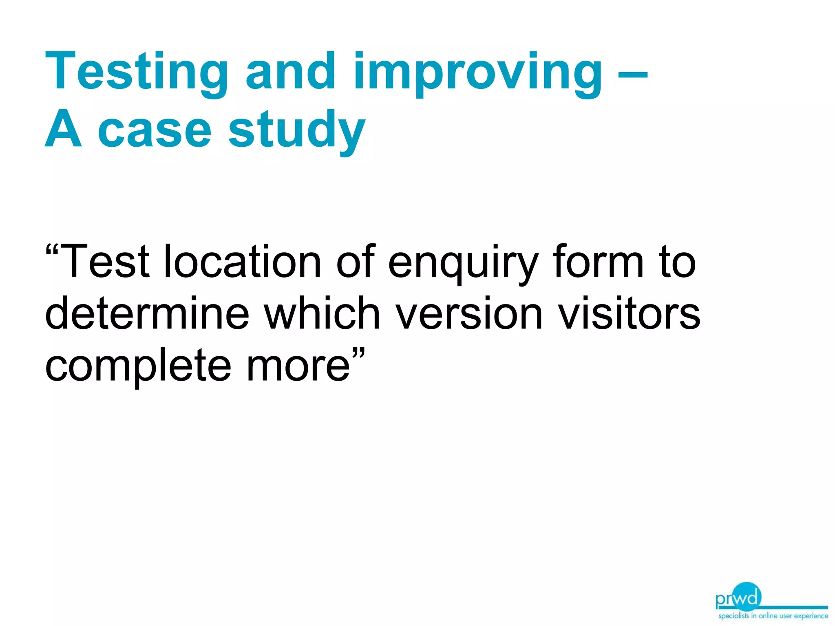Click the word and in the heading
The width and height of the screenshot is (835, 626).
[x=290, y=72]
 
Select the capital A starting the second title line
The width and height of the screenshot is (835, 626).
[x=63, y=130]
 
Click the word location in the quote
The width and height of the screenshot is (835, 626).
[x=242, y=262]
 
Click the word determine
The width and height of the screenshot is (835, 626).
[x=147, y=313]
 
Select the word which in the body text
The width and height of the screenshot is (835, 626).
[x=322, y=313]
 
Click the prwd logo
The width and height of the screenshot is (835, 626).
[x=738, y=597]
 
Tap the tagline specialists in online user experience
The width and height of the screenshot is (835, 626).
[x=773, y=616]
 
